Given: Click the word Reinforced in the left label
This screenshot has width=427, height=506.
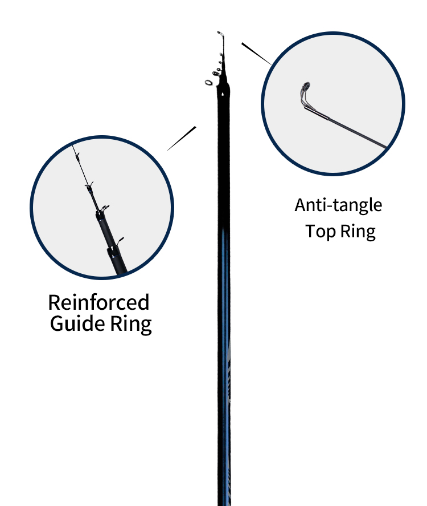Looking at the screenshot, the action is pos(98,302).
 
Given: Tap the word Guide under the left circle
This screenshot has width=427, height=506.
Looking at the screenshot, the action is pos(77,323).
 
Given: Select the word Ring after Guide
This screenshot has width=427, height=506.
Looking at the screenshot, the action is pos(131,325).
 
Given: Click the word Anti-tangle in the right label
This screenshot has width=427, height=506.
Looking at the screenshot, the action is pos(338,205).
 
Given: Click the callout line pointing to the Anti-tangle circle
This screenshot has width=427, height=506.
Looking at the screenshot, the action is pos(256,54).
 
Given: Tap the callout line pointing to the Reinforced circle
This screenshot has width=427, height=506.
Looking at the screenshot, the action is pos(182,138).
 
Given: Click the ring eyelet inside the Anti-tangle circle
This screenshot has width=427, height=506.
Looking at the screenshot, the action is pos(306,87).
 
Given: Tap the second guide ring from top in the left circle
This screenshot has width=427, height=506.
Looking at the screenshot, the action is pos(89,185).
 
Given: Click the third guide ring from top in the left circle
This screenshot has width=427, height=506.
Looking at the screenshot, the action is pos(105,208).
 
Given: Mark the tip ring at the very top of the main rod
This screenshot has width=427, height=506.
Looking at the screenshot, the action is pos(219,33).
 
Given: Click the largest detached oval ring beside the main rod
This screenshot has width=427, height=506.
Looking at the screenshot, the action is pos(209,83).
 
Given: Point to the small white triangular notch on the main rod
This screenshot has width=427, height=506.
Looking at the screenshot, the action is pos(223,94).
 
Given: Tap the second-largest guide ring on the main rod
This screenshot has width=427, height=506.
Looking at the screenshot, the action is pos(216,74).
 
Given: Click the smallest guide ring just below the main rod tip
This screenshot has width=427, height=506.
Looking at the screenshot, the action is pos(221,54).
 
